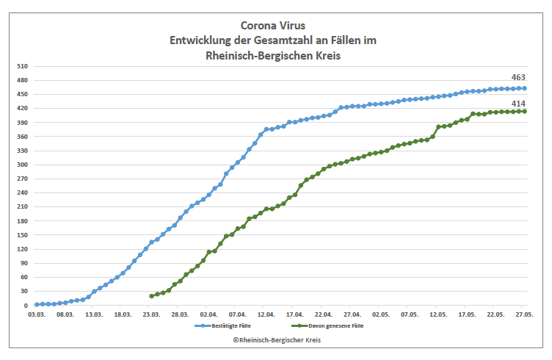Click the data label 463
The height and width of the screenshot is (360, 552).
pos(519,77)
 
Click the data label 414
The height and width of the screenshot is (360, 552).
pos(519,101)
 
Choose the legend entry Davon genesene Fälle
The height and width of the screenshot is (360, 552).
pos(328,325)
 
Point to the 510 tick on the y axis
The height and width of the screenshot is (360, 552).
pos(21,66)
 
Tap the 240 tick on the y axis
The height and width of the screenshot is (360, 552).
pos(21,193)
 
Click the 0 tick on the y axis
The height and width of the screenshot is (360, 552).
pos(26,306)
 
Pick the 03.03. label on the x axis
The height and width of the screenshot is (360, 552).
pos(37,314)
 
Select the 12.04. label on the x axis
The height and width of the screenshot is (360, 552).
pos(266,314)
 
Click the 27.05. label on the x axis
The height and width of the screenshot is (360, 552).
pos(523,314)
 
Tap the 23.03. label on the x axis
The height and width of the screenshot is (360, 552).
pos(151,314)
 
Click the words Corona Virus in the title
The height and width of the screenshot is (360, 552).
pos(274,25)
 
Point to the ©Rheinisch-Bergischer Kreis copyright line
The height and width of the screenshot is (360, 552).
pos(277,340)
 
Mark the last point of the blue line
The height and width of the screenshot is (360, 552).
pos(524,88)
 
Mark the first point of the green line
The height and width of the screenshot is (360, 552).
pos(151,296)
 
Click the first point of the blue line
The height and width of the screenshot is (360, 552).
pos(37,304)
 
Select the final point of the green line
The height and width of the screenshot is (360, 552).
pos(524,111)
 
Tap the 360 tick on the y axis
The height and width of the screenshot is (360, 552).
pos(21,137)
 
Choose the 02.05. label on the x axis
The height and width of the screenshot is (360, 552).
pos(380,314)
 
